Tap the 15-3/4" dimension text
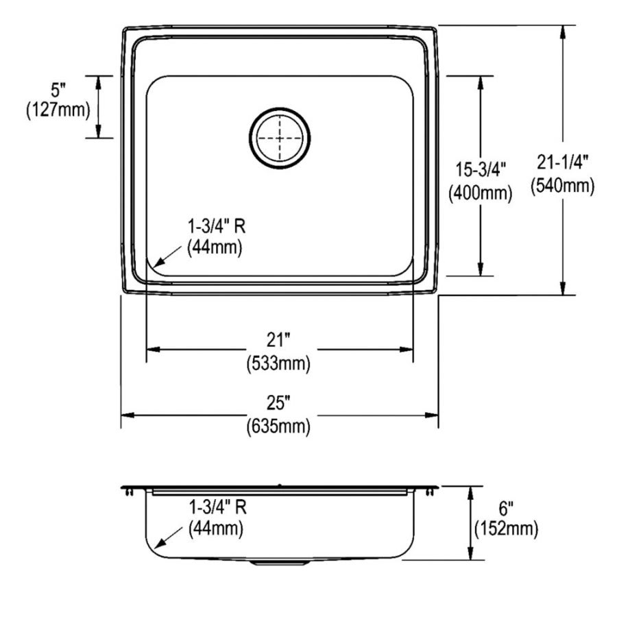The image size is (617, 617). point(480,169)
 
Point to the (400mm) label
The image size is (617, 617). point(480,193)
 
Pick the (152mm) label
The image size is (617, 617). point(506,529)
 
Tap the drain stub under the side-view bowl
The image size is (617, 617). point(280,563)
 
